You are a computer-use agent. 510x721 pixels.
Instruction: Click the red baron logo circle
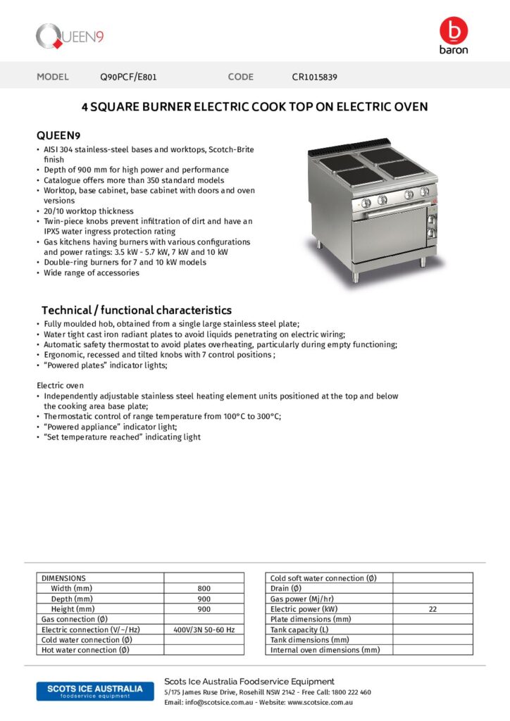pyautogui.click(x=454, y=30)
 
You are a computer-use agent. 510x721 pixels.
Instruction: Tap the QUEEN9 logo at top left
pyautogui.click(x=70, y=36)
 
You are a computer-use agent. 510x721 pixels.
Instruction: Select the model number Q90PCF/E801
pyautogui.click(x=132, y=77)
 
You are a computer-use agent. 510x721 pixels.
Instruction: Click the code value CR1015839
pyautogui.click(x=314, y=77)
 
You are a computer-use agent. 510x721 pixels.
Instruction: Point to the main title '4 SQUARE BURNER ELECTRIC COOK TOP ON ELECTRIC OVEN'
pyautogui.click(x=255, y=107)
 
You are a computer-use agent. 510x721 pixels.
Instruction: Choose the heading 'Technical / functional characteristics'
pyautogui.click(x=136, y=310)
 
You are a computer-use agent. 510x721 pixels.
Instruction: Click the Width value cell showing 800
pyautogui.click(x=204, y=588)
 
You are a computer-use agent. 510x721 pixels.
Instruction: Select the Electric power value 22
pyautogui.click(x=433, y=609)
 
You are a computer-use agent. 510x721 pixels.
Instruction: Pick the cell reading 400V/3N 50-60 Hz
pyautogui.click(x=204, y=629)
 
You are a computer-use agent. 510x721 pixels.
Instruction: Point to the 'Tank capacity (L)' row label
pyautogui.click(x=299, y=629)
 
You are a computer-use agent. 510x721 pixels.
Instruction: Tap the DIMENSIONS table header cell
pyautogui.click(x=63, y=578)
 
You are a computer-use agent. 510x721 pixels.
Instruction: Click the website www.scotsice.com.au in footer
pyautogui.click(x=320, y=703)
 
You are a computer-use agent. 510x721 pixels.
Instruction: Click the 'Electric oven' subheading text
pyautogui.click(x=60, y=385)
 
